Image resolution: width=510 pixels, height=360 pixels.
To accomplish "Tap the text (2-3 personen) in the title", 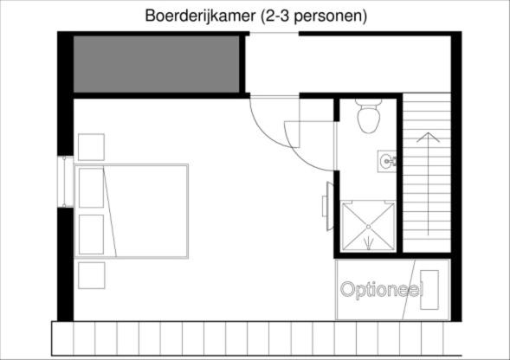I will pos(307,16).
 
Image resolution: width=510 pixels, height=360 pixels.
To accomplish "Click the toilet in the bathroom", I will pos(368,119).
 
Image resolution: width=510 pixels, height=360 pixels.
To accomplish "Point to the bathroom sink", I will pos(387,160).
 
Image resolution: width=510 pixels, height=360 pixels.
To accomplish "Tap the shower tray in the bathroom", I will pos(368,225).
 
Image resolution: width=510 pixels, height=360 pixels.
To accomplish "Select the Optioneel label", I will pos(380,289).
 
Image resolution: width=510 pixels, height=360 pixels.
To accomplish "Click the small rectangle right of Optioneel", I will pos(429,291).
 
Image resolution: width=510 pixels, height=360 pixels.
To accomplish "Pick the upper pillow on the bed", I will pos(91,188).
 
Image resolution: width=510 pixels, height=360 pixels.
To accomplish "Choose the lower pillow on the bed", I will pos(91,234).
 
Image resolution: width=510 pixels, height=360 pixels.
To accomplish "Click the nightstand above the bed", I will pos(91,146).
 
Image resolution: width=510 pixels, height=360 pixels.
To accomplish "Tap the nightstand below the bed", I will pos(91,275).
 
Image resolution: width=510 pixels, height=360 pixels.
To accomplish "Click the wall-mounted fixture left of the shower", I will pos(326,202).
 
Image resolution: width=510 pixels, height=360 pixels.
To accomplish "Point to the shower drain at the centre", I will pos(368,226).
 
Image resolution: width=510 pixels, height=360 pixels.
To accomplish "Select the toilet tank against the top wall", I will pos(368,102).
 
